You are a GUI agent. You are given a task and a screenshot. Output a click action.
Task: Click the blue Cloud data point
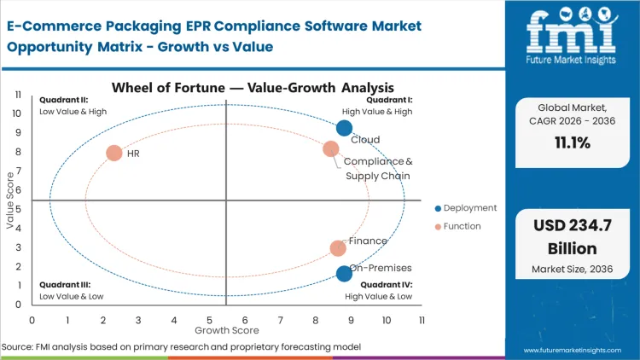click(344, 128)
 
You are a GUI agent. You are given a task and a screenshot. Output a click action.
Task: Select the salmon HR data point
click(113, 154)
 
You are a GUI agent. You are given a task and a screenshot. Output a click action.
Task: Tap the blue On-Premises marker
click(344, 274)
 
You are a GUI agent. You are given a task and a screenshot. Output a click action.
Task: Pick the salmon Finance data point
click(338, 248)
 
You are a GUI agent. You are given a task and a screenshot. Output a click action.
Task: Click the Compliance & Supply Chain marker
click(331, 149)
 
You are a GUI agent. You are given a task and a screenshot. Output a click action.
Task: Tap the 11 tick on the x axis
click(422, 320)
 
